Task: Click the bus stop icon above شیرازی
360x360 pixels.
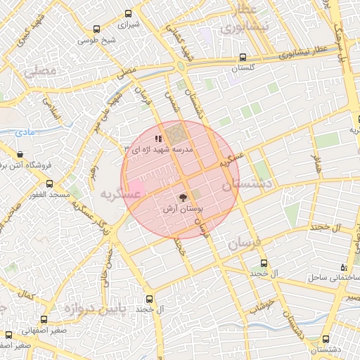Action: [x=128, y=13]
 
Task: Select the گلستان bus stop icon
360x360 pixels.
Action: [x=243, y=58]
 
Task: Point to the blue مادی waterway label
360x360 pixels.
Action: [x=24, y=131]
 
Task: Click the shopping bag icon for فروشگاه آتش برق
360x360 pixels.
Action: [x=20, y=154]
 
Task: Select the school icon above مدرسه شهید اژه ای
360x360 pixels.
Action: [x=158, y=139]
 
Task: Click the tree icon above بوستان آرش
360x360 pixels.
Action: [x=182, y=198]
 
